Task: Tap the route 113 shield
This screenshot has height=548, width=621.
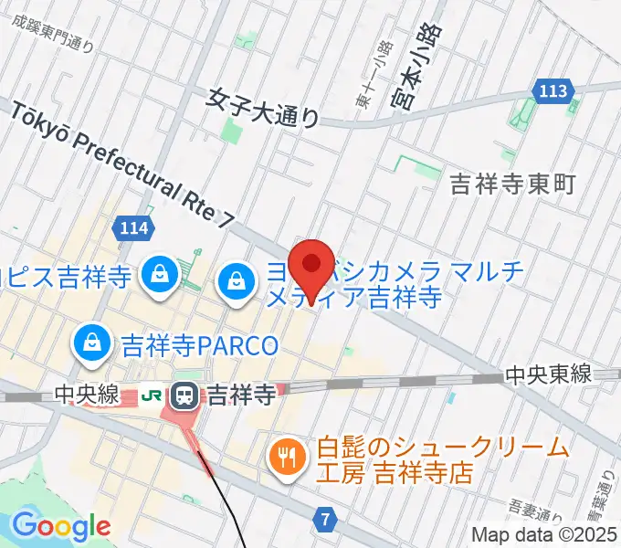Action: pos(553,90)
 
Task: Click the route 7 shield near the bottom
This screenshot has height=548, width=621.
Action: pos(325,520)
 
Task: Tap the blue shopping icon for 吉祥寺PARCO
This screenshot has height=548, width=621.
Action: pos(92,343)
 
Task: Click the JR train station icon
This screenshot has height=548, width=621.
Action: pos(184,395)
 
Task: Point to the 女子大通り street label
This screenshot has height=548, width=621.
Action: pos(264,108)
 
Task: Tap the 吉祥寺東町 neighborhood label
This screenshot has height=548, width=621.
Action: pos(513,184)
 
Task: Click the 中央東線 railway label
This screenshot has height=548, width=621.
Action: pos(550,374)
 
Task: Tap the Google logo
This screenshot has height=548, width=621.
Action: pos(61,526)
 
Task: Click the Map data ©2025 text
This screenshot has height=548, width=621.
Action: pos(543,534)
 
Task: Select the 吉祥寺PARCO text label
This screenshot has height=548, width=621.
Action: pos(198,346)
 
